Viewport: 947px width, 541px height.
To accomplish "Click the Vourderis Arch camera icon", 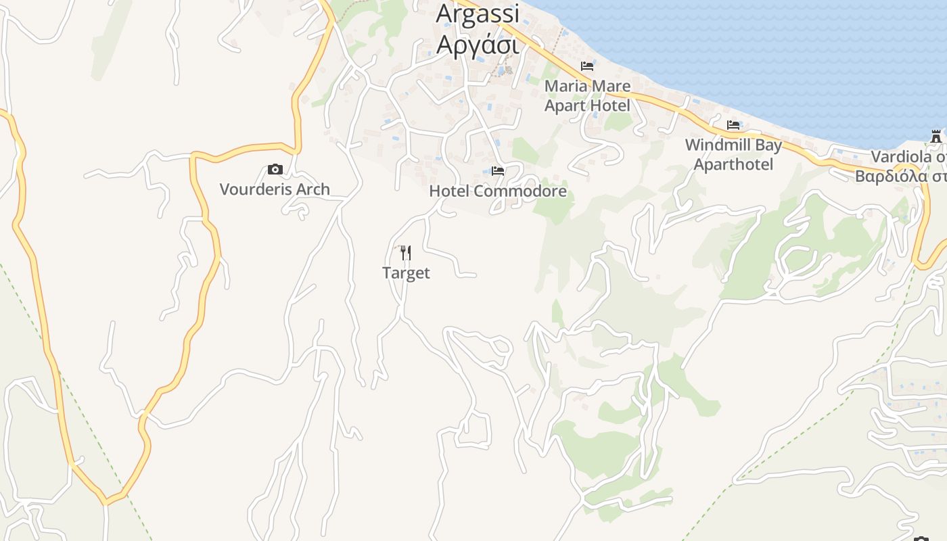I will point(275,169).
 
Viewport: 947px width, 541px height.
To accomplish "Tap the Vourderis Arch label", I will point(275,189).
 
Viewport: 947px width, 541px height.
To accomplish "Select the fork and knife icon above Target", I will point(406,253).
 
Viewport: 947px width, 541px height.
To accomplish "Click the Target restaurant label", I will point(406,273).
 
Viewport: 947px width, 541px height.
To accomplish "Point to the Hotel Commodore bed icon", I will point(498,170).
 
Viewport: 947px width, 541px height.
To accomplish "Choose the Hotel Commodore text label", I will point(498,191).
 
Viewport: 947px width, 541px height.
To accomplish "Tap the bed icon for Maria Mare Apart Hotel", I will point(587,66).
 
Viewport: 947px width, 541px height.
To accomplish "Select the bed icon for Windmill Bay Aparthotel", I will point(733,125).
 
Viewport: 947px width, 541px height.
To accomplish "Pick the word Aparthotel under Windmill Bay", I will point(733,164).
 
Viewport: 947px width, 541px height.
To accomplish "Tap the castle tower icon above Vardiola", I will point(936,137).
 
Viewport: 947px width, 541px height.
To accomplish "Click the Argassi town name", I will point(478,14).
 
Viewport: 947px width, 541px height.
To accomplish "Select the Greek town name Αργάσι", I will point(478,43).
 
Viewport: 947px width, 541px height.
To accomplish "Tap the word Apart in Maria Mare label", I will point(565,106).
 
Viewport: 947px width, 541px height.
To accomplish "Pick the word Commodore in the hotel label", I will point(520,191).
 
